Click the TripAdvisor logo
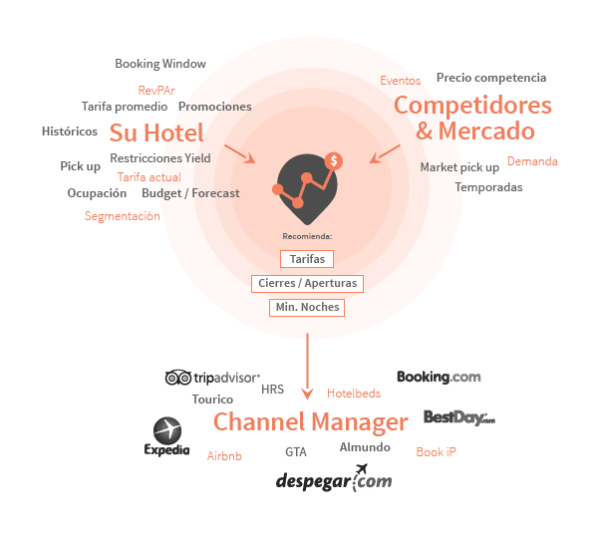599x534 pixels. coord(212,378)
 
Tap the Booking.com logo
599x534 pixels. coord(439,377)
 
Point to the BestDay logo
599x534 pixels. coord(458,417)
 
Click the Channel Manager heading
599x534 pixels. coord(311,422)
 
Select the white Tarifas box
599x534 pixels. coord(307,259)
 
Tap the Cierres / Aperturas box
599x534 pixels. coord(307,284)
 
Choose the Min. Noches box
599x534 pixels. coord(307,308)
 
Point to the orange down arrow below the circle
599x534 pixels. coord(307,392)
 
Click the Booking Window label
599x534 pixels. coord(160,64)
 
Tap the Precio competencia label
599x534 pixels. coord(490,78)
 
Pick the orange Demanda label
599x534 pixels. coord(532,161)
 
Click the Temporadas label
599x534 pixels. coord(488,187)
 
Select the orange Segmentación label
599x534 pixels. coord(122,216)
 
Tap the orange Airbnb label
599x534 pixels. coord(224,456)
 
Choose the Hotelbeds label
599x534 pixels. coord(354,394)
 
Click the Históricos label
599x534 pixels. coord(70,132)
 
